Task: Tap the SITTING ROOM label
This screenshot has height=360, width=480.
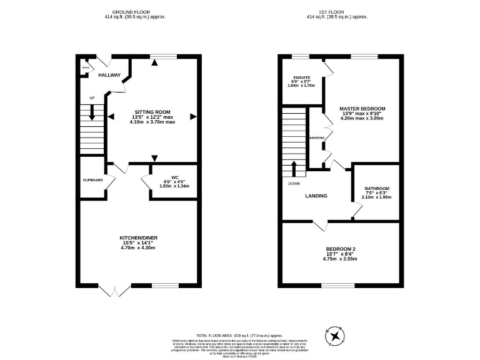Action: coord(153,111)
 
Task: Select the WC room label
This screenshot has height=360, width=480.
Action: coord(174,177)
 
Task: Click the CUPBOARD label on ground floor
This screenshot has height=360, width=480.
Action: coord(92,180)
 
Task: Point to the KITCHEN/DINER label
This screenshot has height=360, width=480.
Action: coord(139,237)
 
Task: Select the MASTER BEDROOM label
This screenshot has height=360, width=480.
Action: coord(362,109)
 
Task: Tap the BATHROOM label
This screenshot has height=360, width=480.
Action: coord(377,189)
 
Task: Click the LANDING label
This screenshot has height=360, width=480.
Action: coord(316,196)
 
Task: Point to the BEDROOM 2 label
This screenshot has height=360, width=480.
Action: coord(341,249)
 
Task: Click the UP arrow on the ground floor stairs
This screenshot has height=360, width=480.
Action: coord(92,112)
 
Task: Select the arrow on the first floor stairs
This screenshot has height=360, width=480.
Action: coord(294,167)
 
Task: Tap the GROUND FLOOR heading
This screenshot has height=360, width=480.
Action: coord(131,12)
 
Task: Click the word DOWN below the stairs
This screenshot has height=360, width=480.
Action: coord(294,184)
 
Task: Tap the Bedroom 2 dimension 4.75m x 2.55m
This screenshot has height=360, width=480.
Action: coord(341,259)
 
